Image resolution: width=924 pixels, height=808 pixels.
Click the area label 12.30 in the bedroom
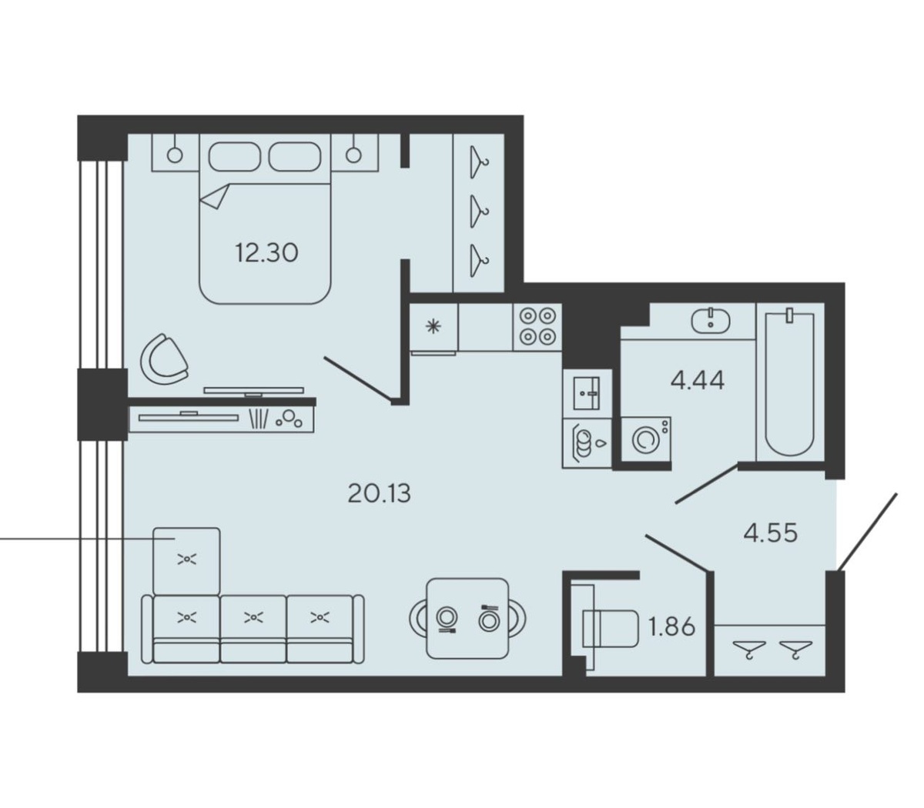click(x=266, y=252)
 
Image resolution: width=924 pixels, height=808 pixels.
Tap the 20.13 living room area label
click(x=380, y=493)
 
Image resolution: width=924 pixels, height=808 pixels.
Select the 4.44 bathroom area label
click(x=698, y=380)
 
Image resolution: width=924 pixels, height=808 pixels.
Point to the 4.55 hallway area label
click(x=771, y=533)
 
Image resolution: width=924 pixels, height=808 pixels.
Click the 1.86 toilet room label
click(x=671, y=626)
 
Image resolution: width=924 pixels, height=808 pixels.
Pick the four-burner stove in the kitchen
click(x=537, y=326)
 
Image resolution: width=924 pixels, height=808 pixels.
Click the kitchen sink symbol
click(x=586, y=393)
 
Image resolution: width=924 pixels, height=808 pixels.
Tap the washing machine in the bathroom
click(x=646, y=439)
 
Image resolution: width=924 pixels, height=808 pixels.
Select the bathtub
click(x=789, y=384)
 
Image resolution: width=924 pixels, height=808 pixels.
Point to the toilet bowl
click(x=610, y=628)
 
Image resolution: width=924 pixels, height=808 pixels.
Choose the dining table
click(x=467, y=618)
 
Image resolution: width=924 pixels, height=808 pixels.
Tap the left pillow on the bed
click(x=234, y=157)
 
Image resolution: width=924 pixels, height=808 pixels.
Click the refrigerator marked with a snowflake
click(x=434, y=327)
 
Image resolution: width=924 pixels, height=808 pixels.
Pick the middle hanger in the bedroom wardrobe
click(x=479, y=211)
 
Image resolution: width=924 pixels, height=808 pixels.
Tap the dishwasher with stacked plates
click(x=586, y=442)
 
